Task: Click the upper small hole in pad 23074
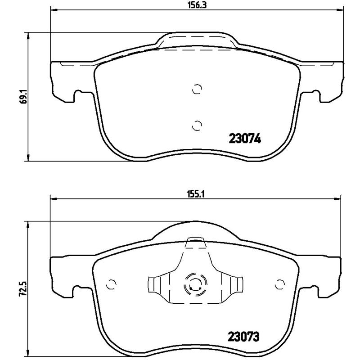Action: (x=197, y=89)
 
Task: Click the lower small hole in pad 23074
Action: (x=197, y=125)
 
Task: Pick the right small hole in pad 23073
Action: (x=280, y=283)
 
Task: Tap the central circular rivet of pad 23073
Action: (x=194, y=284)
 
